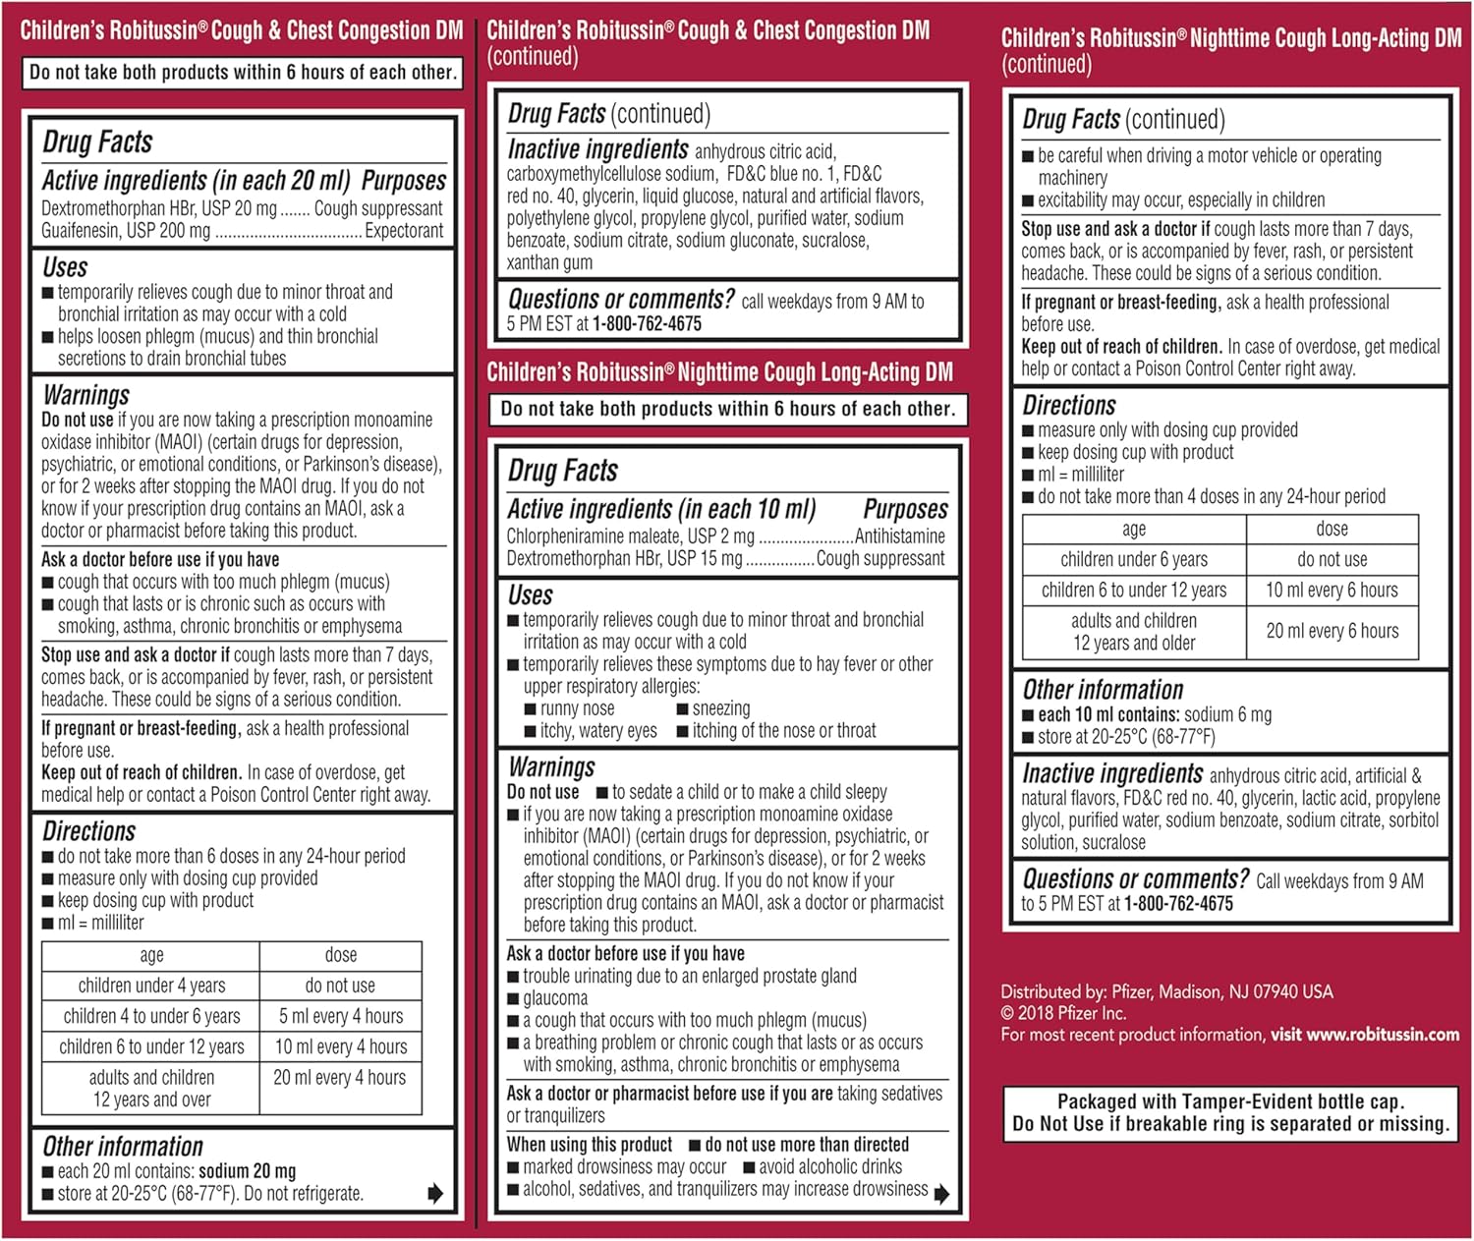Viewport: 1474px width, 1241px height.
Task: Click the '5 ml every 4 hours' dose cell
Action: tap(341, 1016)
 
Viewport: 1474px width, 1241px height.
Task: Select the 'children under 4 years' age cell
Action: tap(151, 986)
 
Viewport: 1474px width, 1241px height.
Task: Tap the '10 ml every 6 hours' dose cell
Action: tap(1332, 590)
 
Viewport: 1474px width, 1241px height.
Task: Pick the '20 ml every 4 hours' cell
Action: tap(340, 1078)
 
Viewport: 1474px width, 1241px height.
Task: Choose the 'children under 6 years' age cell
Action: tap(1134, 559)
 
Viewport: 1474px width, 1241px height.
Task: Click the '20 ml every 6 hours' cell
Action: tap(1332, 631)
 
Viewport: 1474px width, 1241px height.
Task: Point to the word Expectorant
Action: tap(404, 231)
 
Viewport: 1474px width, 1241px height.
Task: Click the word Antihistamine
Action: tap(900, 536)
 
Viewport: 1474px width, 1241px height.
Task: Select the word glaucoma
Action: tap(555, 998)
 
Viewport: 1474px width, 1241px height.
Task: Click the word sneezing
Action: tap(720, 708)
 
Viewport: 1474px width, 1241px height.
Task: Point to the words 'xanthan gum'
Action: tap(549, 262)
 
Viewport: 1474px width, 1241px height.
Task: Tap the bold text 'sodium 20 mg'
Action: tap(247, 1171)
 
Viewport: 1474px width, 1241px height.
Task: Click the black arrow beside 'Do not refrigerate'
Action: tap(435, 1194)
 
